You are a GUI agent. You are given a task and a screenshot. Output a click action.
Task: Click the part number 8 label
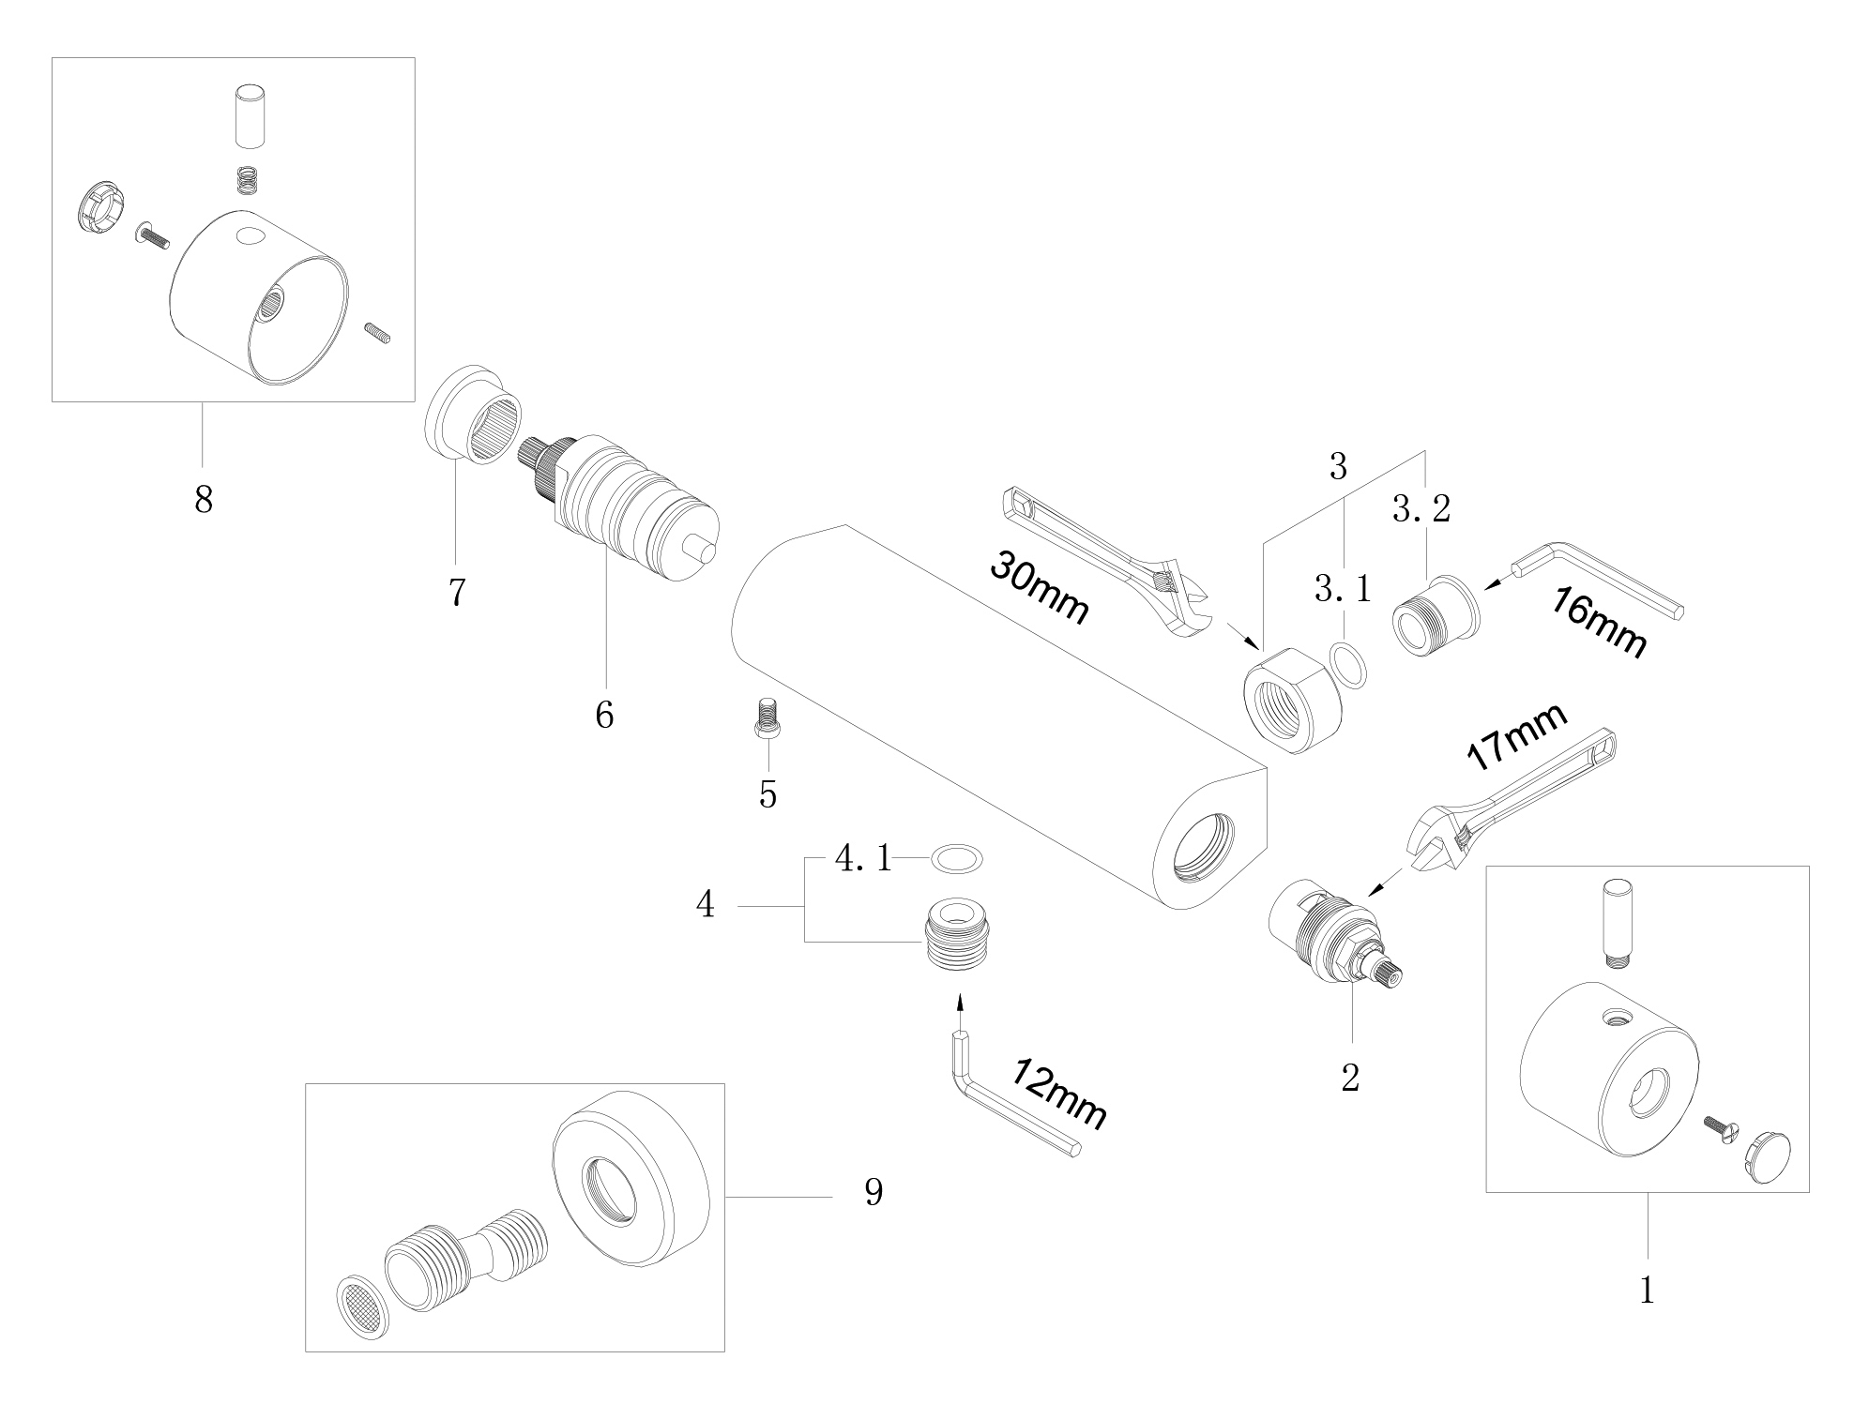point(204,499)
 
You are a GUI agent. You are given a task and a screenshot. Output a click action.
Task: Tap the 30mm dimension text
point(1039,587)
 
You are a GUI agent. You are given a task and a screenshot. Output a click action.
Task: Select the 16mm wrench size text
point(1597,622)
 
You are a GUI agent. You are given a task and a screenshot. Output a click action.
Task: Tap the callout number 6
point(604,716)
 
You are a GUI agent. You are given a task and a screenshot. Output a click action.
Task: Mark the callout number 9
point(874,1192)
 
